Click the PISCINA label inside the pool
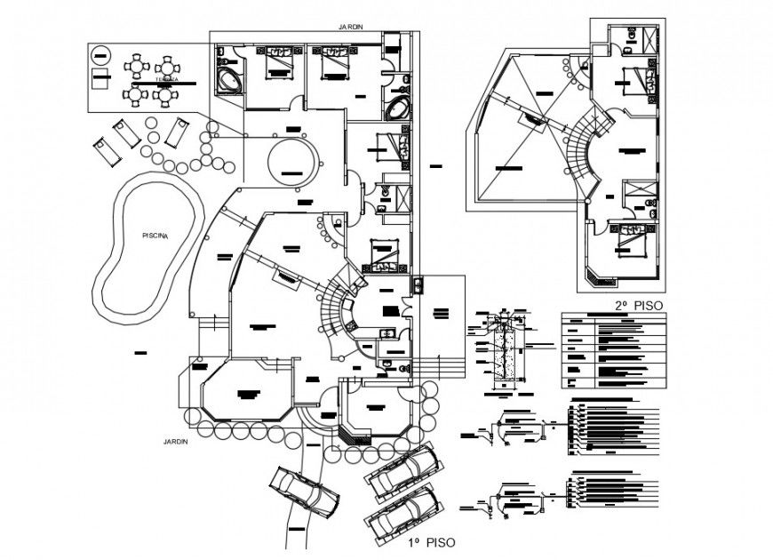[155, 235]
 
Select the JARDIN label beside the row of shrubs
[175, 441]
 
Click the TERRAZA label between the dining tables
[166, 80]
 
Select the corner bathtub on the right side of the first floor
[398, 110]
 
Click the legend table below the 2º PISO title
[612, 351]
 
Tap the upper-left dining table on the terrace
[136, 65]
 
